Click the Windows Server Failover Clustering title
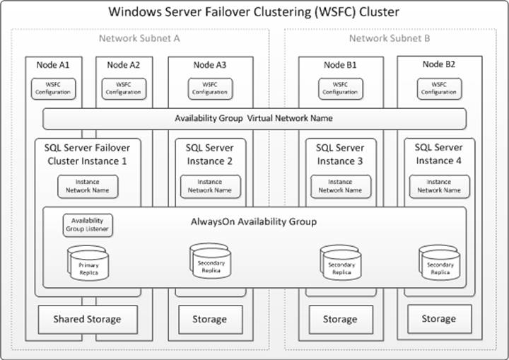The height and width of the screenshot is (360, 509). (x=254, y=12)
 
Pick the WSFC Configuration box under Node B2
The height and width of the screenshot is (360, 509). (x=438, y=88)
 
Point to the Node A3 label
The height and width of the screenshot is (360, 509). (x=210, y=65)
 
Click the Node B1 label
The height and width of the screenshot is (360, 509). (x=340, y=65)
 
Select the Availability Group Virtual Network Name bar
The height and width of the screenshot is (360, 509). (x=254, y=118)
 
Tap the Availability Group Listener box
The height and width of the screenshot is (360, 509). (x=88, y=225)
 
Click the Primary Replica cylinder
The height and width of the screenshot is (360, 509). (x=89, y=264)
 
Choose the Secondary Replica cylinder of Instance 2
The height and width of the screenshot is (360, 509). (x=211, y=262)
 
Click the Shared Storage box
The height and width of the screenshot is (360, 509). (x=87, y=319)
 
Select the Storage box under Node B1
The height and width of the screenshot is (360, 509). (x=340, y=319)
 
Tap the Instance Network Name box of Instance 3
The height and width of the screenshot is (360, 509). (x=340, y=186)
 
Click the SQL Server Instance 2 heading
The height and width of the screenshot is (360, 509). (x=210, y=154)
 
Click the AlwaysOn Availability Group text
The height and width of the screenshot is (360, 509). (x=254, y=221)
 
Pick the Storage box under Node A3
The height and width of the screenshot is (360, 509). (x=210, y=319)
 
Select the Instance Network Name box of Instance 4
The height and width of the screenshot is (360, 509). (x=439, y=186)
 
